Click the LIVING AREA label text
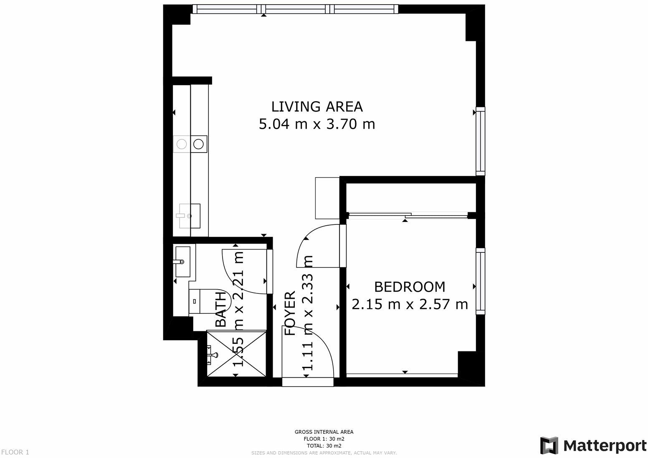[x=317, y=107]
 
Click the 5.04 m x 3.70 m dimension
[x=317, y=125]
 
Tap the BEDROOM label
[x=410, y=287]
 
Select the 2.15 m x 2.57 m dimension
[x=410, y=305]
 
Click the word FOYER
[x=290, y=313]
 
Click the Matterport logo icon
[x=549, y=445]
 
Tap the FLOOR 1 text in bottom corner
[x=15, y=452]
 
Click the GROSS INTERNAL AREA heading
[x=324, y=432]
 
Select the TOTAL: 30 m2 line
[x=324, y=445]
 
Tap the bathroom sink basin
[x=183, y=262]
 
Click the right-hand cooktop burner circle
[x=199, y=144]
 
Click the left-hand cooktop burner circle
[x=182, y=144]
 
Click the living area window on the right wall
[x=481, y=141]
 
